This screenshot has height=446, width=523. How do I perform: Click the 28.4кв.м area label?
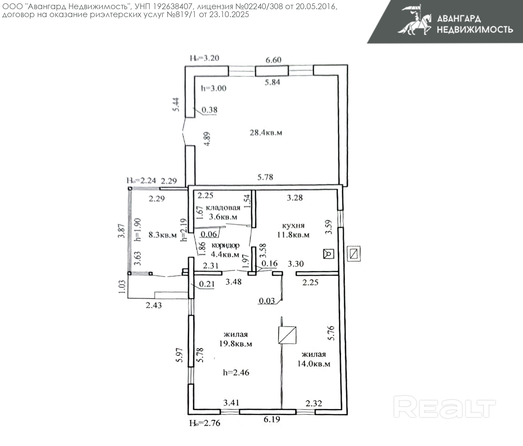tap(266, 132)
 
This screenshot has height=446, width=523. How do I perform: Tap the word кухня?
tap(293, 225)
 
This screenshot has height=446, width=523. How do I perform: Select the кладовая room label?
tap(223, 208)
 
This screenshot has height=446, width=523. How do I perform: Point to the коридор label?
tap(225, 245)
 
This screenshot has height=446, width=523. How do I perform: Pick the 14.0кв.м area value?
tap(314, 364)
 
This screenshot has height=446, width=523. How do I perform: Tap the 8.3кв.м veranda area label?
tap(163, 235)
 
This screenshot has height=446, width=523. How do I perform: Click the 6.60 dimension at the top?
tap(273, 60)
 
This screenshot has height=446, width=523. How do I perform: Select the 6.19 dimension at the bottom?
tap(272, 419)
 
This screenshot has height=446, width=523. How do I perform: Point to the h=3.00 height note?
tap(214, 88)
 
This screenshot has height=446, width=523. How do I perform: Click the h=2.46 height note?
tap(236, 372)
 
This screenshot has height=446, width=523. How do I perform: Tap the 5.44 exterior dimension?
tap(177, 104)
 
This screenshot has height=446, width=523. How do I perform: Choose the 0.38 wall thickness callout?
tap(209, 110)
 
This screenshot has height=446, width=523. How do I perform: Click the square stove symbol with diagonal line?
tap(287, 335)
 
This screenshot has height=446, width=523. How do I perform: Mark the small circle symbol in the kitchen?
tap(329, 254)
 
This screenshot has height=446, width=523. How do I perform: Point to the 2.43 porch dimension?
tap(154, 305)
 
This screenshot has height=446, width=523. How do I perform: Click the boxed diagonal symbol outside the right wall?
tap(354, 254)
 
